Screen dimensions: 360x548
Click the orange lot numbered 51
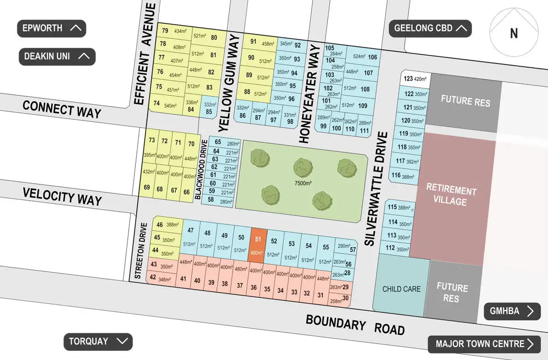(x=258, y=245)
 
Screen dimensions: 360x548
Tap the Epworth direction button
(x=51, y=28)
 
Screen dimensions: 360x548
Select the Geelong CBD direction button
(x=430, y=28)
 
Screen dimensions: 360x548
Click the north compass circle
(x=513, y=33)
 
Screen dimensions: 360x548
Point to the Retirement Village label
(x=451, y=196)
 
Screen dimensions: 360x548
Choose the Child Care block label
(x=402, y=289)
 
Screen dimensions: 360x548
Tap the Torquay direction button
(x=98, y=341)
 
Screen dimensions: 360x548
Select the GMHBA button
(x=512, y=311)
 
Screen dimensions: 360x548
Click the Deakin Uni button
(x=57, y=57)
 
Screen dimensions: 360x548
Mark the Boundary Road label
(x=355, y=324)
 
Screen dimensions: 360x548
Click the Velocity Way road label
(x=63, y=197)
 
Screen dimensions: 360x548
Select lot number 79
(x=165, y=31)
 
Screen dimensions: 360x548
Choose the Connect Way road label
(x=62, y=109)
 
